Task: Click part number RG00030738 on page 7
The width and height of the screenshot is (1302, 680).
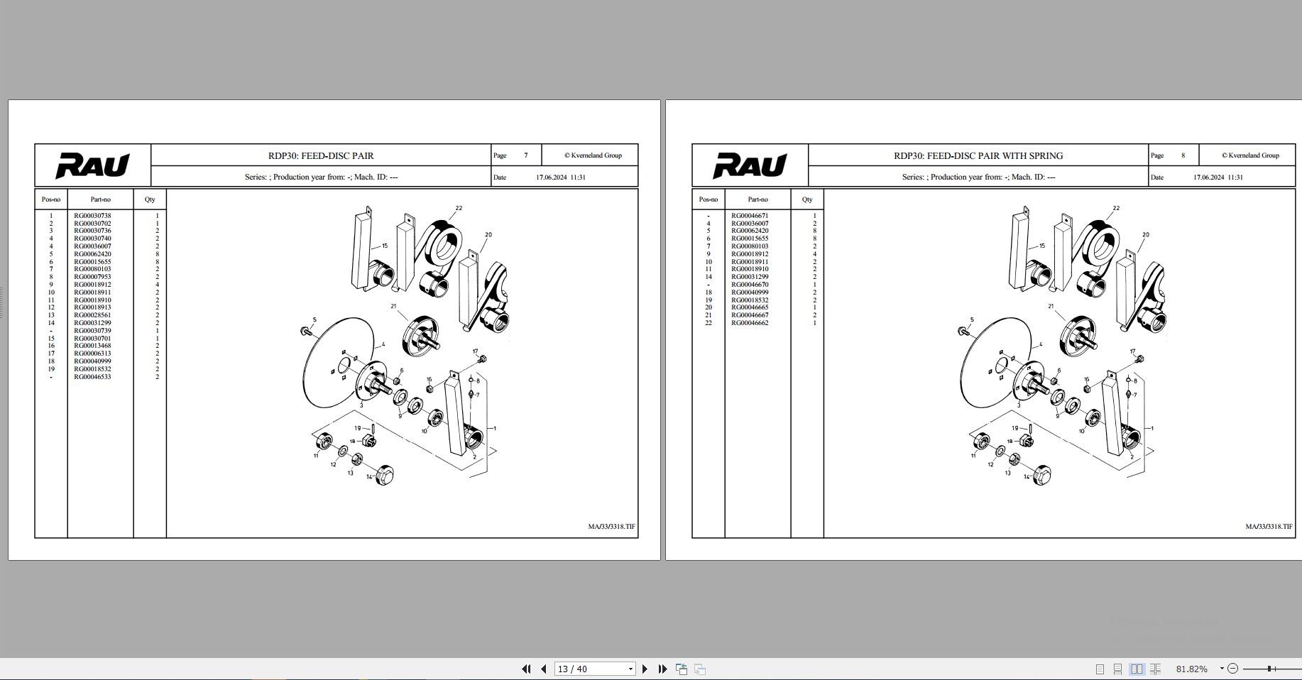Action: pos(92,216)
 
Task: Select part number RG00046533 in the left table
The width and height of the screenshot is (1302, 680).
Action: pos(92,377)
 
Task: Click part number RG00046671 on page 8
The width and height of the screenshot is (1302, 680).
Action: pos(750,216)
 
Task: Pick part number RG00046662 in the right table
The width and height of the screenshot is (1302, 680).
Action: pos(750,323)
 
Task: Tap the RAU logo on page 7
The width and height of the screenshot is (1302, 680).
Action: pos(93,165)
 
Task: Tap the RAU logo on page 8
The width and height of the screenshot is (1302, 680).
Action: pos(750,165)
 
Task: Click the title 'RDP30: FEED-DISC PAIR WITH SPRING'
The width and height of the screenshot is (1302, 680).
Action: pos(978,155)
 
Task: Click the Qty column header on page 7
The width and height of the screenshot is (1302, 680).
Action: pos(150,199)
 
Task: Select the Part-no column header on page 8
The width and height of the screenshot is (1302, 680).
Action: pos(757,199)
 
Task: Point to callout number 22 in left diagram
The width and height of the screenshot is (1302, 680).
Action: pos(459,208)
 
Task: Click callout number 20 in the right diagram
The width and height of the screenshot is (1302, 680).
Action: pos(1146,234)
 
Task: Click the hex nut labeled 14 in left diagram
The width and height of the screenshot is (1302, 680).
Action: pos(383,475)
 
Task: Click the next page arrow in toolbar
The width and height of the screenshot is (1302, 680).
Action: pos(645,669)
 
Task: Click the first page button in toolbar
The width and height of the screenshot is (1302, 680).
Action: pos(526,669)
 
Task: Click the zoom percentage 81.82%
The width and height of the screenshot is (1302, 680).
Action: pos(1191,669)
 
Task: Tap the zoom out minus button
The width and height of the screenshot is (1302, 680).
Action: pos(1232,669)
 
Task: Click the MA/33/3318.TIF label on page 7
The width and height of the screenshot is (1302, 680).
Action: pos(611,527)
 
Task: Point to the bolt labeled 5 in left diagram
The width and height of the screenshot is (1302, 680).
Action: pos(306,331)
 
